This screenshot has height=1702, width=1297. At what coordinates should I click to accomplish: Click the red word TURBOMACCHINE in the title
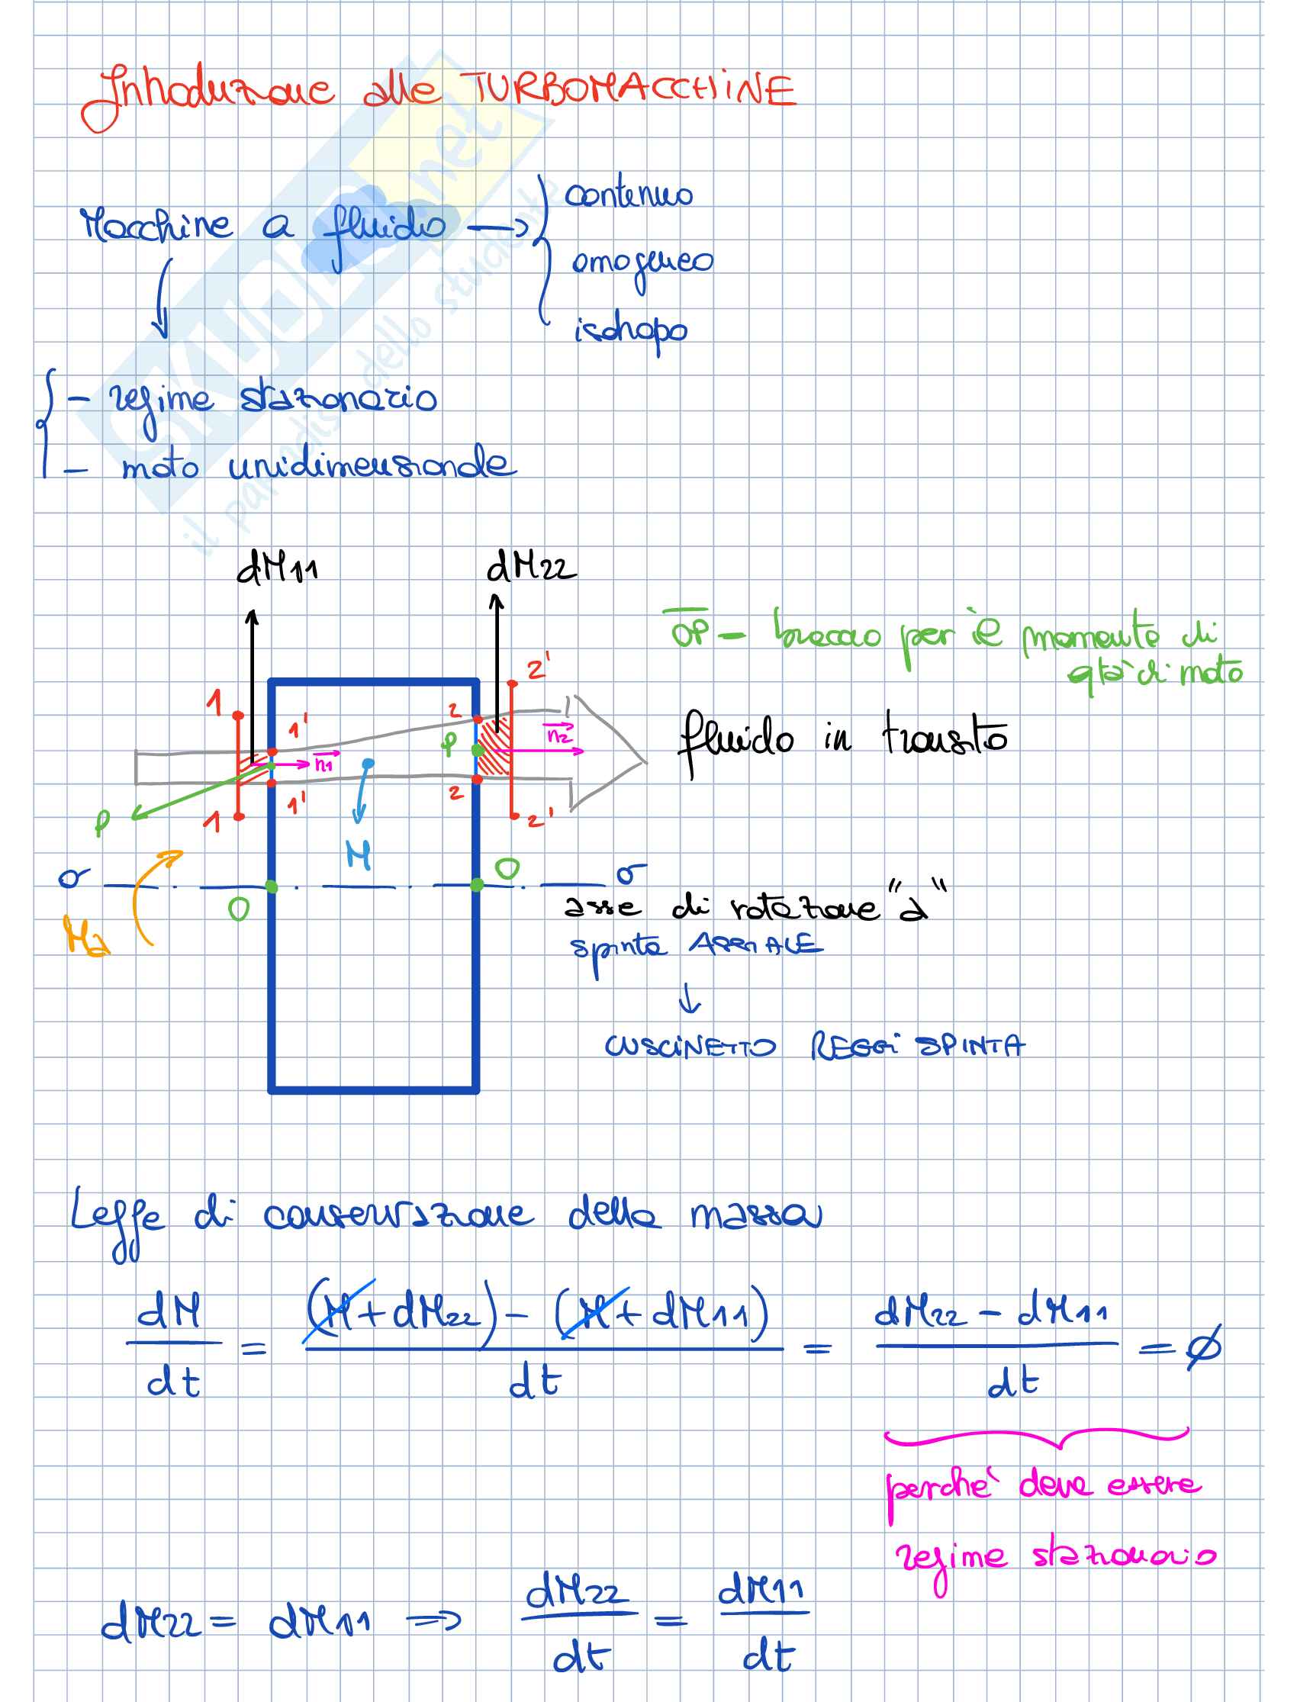[x=627, y=89]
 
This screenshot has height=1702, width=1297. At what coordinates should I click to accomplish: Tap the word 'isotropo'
[x=630, y=332]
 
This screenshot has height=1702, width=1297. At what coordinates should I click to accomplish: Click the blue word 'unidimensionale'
[x=371, y=465]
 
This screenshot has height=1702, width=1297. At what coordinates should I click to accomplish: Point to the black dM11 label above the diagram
[x=276, y=568]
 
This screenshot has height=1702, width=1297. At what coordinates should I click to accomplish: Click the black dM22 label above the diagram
[x=530, y=568]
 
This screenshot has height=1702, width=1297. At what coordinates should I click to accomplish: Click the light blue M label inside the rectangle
[x=359, y=855]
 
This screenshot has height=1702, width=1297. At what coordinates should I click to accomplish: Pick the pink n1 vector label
[x=324, y=764]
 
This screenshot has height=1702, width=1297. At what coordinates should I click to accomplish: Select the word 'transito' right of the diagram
[x=945, y=738]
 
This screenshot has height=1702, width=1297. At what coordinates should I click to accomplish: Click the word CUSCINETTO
[x=690, y=1047]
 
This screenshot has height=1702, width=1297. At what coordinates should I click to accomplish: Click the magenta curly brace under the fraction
[x=1036, y=1438]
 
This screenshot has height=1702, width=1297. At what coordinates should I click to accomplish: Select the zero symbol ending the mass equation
[x=1204, y=1347]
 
